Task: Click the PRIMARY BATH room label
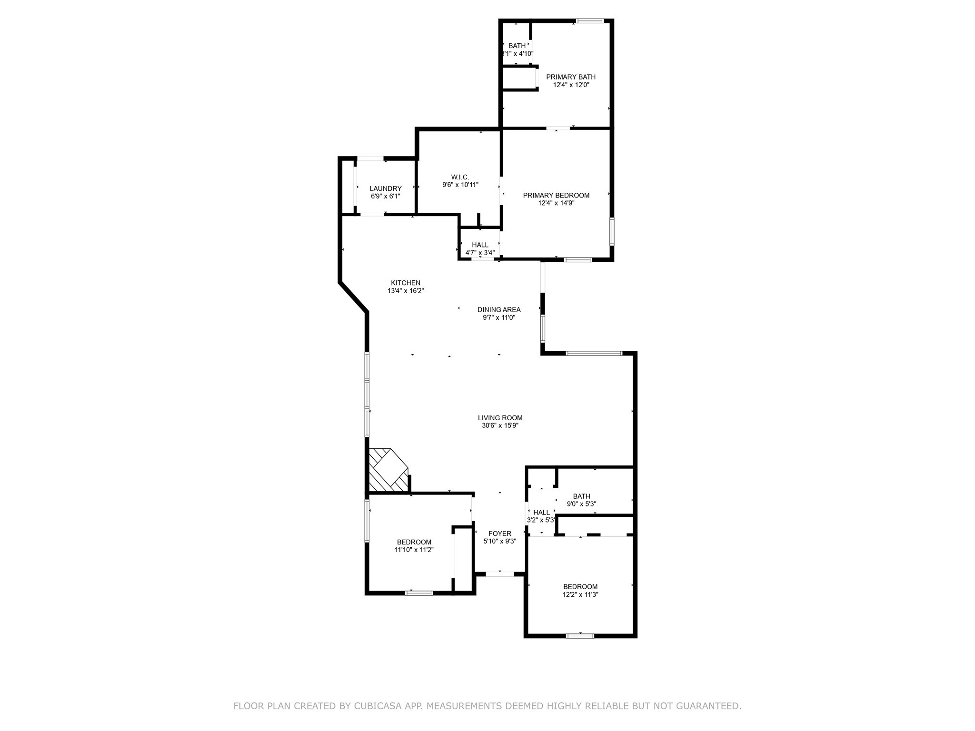[570, 77]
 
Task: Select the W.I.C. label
[460, 177]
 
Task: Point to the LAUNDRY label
[386, 188]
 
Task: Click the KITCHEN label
[406, 283]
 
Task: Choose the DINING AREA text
[499, 309]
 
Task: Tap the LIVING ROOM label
[500, 418]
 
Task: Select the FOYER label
[500, 533]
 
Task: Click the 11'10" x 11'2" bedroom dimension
[414, 550]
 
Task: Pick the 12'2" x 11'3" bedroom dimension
[580, 594]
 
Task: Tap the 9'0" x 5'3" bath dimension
[581, 504]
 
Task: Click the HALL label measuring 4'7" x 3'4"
[480, 245]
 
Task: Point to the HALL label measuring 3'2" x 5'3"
[541, 513]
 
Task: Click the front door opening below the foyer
[500, 574]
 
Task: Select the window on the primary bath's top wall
[590, 21]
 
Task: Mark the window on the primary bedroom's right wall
[612, 232]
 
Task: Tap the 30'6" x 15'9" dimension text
[500, 426]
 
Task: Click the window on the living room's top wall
[594, 353]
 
